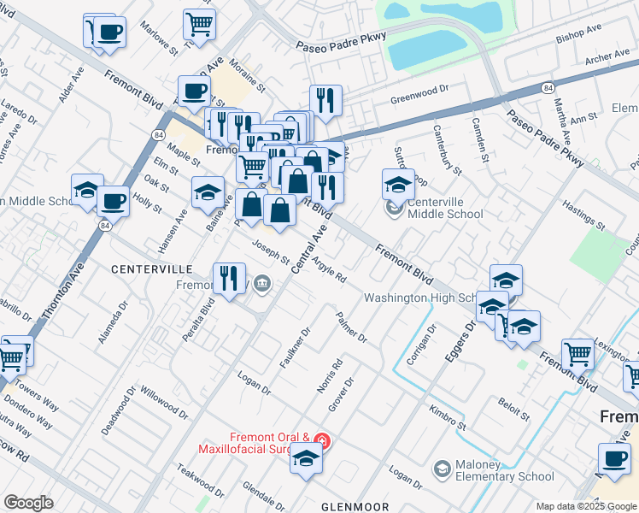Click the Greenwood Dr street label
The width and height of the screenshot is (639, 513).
click(419, 90)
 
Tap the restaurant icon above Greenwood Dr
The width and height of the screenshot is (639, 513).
click(325, 100)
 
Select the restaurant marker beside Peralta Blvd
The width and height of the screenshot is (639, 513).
click(228, 278)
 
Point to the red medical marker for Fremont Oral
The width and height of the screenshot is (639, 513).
click(321, 441)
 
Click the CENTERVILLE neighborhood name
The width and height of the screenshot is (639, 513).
click(144, 268)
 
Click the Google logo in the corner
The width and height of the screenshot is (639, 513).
click(28, 503)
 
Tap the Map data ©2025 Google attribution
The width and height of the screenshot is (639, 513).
click(585, 506)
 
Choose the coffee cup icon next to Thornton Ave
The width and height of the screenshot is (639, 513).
click(113, 202)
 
